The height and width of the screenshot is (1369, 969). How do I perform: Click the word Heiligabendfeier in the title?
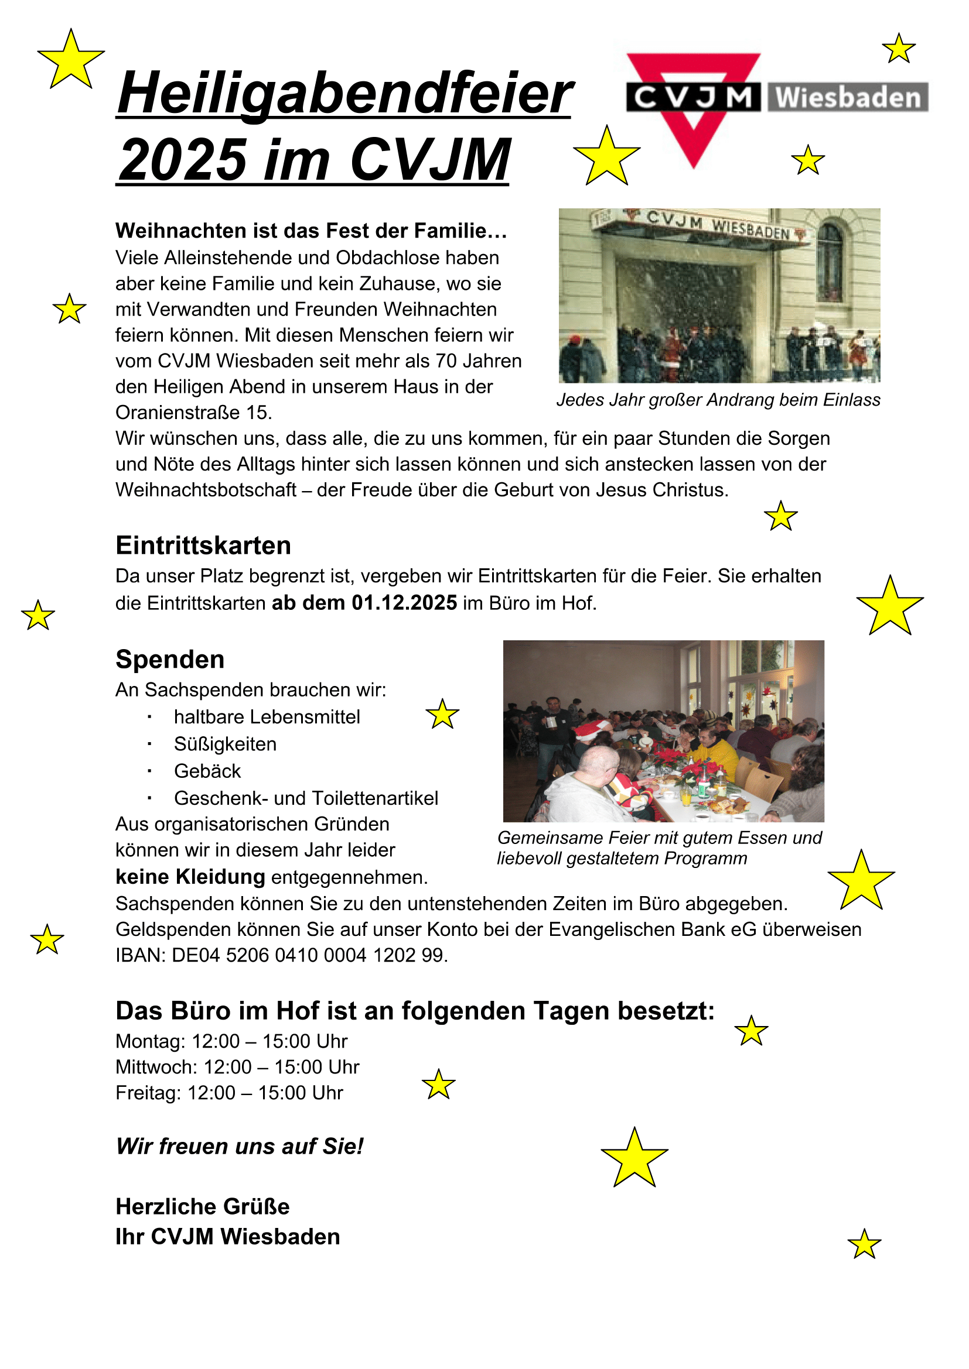click(x=344, y=94)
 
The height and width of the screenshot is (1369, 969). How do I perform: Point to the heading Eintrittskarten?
click(x=203, y=545)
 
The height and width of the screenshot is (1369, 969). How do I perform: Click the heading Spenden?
click(x=170, y=660)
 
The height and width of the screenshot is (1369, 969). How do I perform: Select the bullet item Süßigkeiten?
click(x=225, y=744)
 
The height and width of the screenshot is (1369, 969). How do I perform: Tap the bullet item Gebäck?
click(x=207, y=771)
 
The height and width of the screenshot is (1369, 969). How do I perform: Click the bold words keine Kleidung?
click(x=190, y=877)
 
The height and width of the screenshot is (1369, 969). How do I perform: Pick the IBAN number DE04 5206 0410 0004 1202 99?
click(x=309, y=955)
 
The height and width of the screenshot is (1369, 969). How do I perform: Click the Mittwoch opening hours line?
click(x=237, y=1067)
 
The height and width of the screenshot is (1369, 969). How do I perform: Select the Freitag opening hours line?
click(x=229, y=1093)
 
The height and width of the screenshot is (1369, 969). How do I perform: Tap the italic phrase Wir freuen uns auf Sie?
click(x=239, y=1146)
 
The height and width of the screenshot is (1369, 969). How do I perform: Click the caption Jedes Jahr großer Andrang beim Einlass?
click(x=718, y=400)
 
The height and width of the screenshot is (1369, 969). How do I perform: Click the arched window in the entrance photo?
click(x=830, y=262)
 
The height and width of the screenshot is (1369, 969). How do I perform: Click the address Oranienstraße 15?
click(x=193, y=413)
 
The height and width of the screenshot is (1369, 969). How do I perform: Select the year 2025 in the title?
click(x=183, y=160)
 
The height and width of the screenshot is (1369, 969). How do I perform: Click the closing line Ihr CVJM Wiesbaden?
click(x=227, y=1237)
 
